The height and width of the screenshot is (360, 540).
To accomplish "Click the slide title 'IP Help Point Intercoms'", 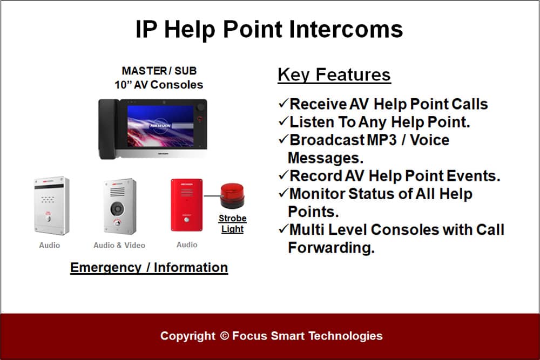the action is coord(269,29).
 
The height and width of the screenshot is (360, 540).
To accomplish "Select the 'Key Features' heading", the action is coord(334,74).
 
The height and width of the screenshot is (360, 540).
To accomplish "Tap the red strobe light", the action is coord(232,196).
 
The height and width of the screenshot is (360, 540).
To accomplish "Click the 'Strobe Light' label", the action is coord(232,223).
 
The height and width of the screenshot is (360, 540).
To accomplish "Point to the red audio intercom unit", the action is coord(187,205).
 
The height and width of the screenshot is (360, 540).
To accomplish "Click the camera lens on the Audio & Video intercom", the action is coord(117,208).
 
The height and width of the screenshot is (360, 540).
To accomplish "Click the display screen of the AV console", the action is coord(160,126).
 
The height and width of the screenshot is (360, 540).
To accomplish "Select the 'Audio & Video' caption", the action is coord(119,245).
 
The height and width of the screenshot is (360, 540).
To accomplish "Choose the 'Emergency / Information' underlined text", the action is coord(149,267).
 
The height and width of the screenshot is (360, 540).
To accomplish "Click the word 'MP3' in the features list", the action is coord(382,140).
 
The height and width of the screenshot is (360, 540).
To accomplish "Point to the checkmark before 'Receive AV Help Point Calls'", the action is coord(283,103).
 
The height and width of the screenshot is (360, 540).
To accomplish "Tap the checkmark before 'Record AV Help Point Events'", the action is coord(283,175).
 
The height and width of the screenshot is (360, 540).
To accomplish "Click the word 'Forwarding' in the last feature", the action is coord(331,247).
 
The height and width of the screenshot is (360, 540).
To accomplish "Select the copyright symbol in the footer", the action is coord(224,336).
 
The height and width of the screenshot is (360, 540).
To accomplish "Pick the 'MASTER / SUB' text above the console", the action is coord(159,71).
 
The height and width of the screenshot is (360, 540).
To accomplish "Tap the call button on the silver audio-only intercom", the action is coord(49,219).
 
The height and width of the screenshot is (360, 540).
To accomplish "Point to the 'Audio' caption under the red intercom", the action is coord(187,244).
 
